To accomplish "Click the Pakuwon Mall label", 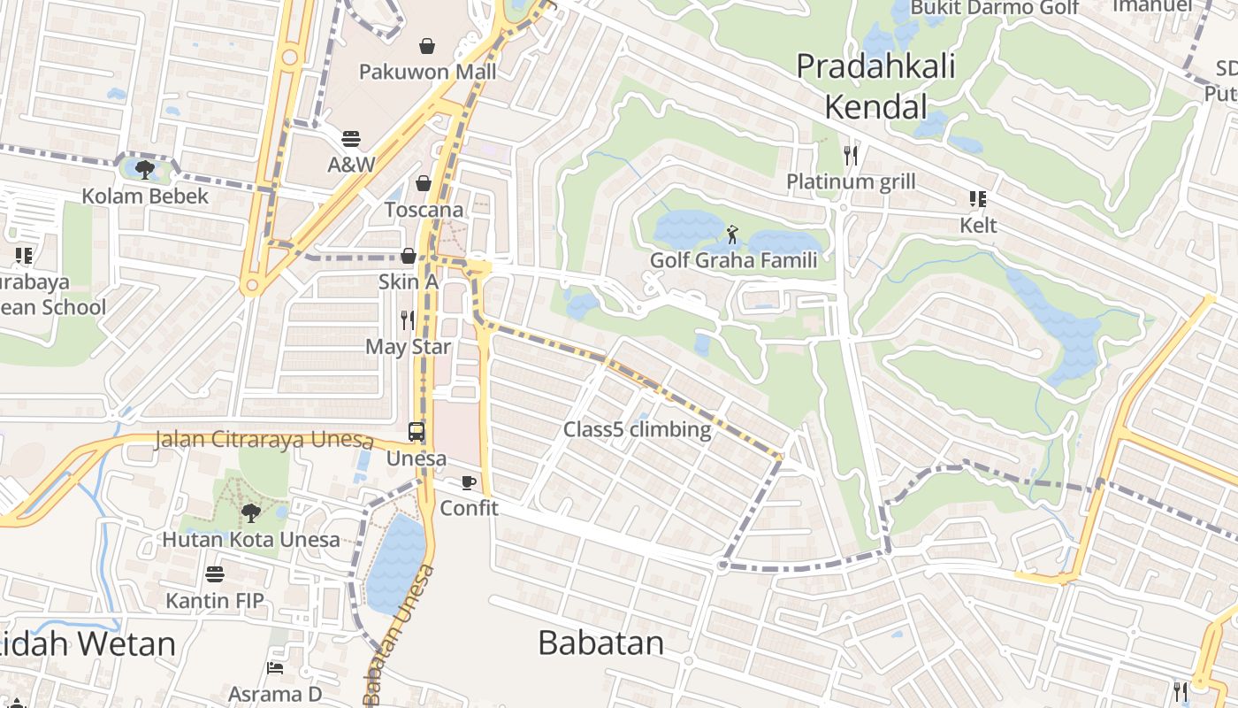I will (x=427, y=72).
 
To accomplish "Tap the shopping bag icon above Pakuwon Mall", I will (x=427, y=46).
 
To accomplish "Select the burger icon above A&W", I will (x=351, y=139).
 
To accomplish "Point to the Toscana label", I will (x=424, y=210).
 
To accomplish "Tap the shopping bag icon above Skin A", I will (x=409, y=256).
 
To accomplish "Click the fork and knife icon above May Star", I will (x=408, y=320).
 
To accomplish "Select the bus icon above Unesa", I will (x=416, y=433).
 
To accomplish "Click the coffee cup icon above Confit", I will (x=469, y=482).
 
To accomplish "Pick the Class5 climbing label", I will (x=637, y=430).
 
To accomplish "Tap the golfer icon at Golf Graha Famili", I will (x=732, y=235).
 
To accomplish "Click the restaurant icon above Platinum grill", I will (x=851, y=156).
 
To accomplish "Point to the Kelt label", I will (x=978, y=226).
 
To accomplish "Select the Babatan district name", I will (x=600, y=643).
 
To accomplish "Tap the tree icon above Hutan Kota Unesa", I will (x=251, y=512).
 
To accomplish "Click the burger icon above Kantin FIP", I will (x=214, y=575).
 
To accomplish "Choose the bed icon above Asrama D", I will (x=275, y=667).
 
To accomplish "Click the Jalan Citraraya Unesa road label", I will (x=263, y=440).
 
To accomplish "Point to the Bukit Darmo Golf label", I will (x=994, y=8).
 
